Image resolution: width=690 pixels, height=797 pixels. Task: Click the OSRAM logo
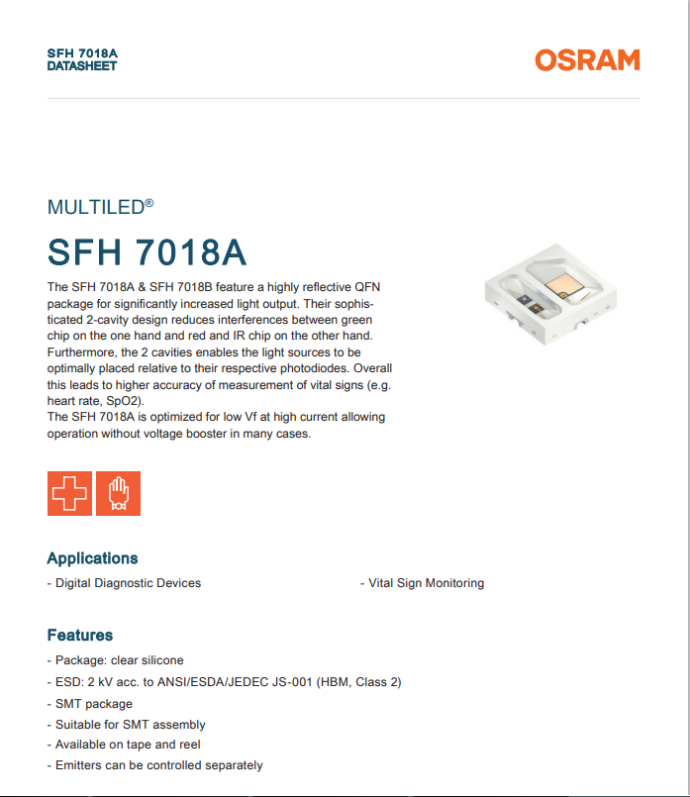(587, 60)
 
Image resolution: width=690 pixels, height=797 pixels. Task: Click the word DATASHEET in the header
(82, 66)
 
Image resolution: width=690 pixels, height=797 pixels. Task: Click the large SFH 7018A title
(147, 252)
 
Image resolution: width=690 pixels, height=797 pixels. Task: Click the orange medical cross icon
(69, 493)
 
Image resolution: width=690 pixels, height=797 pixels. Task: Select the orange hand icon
(119, 493)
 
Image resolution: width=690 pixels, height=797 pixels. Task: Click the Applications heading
(92, 558)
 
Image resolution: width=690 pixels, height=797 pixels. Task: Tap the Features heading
(80, 635)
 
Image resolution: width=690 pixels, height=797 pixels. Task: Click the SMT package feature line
(93, 704)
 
